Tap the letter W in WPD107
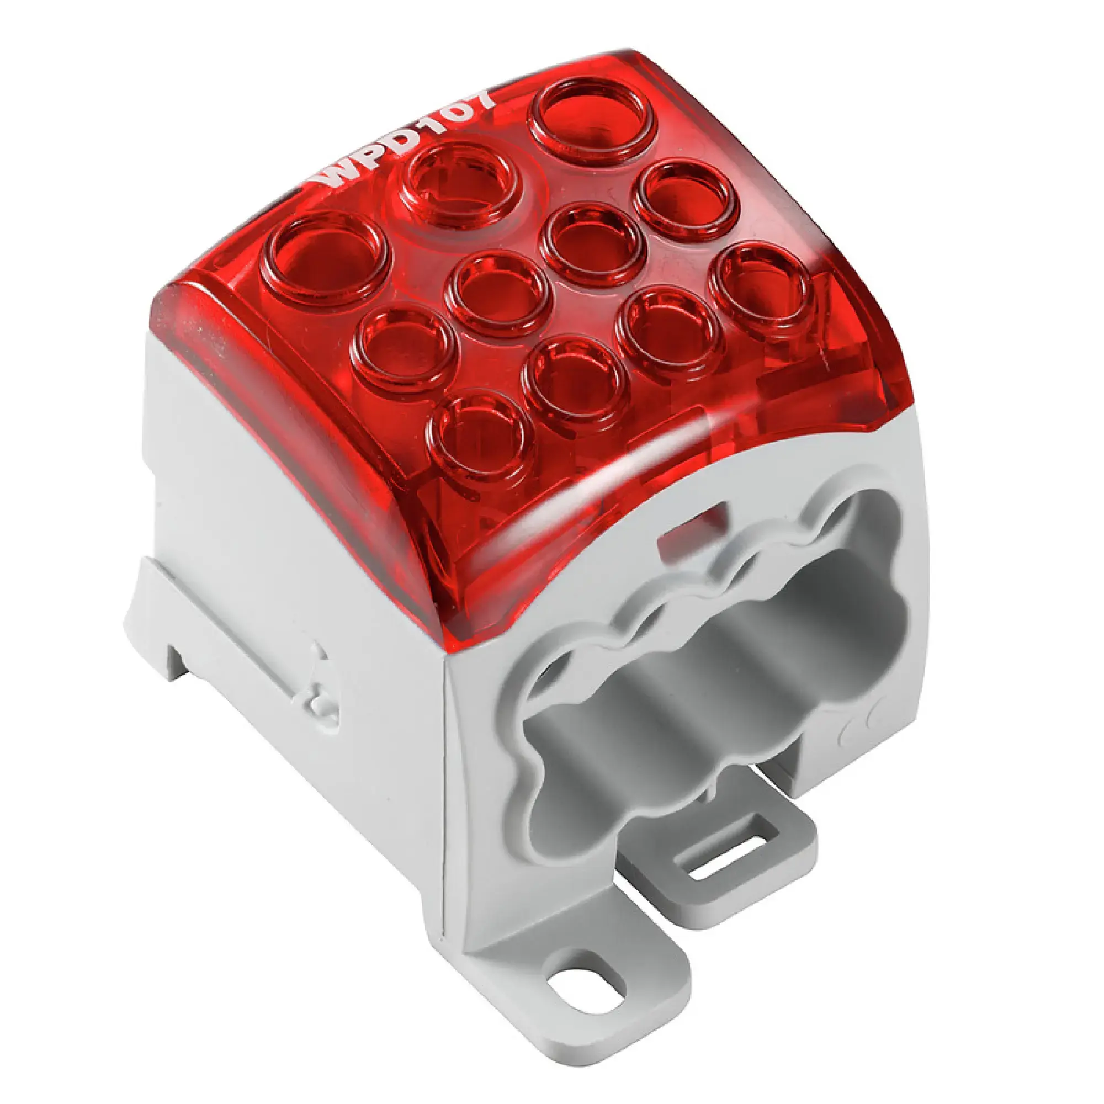tap(336, 177)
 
